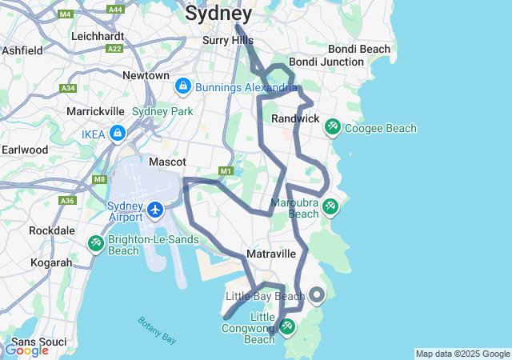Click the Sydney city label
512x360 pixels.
click(218, 14)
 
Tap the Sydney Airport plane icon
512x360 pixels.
click(155, 210)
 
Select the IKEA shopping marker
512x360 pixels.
click(118, 133)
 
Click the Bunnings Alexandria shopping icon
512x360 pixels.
click(182, 85)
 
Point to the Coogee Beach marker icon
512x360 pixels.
click(333, 126)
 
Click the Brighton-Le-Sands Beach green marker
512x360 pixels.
click(95, 242)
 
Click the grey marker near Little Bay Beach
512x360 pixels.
click(317, 295)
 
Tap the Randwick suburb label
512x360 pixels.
click(295, 118)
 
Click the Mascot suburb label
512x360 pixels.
click(168, 162)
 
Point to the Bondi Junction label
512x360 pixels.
click(326, 62)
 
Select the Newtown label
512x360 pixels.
click(146, 75)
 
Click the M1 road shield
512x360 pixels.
click(226, 170)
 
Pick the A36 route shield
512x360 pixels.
click(67, 201)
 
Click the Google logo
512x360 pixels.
click(26, 350)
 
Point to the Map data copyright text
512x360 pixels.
click(462, 354)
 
